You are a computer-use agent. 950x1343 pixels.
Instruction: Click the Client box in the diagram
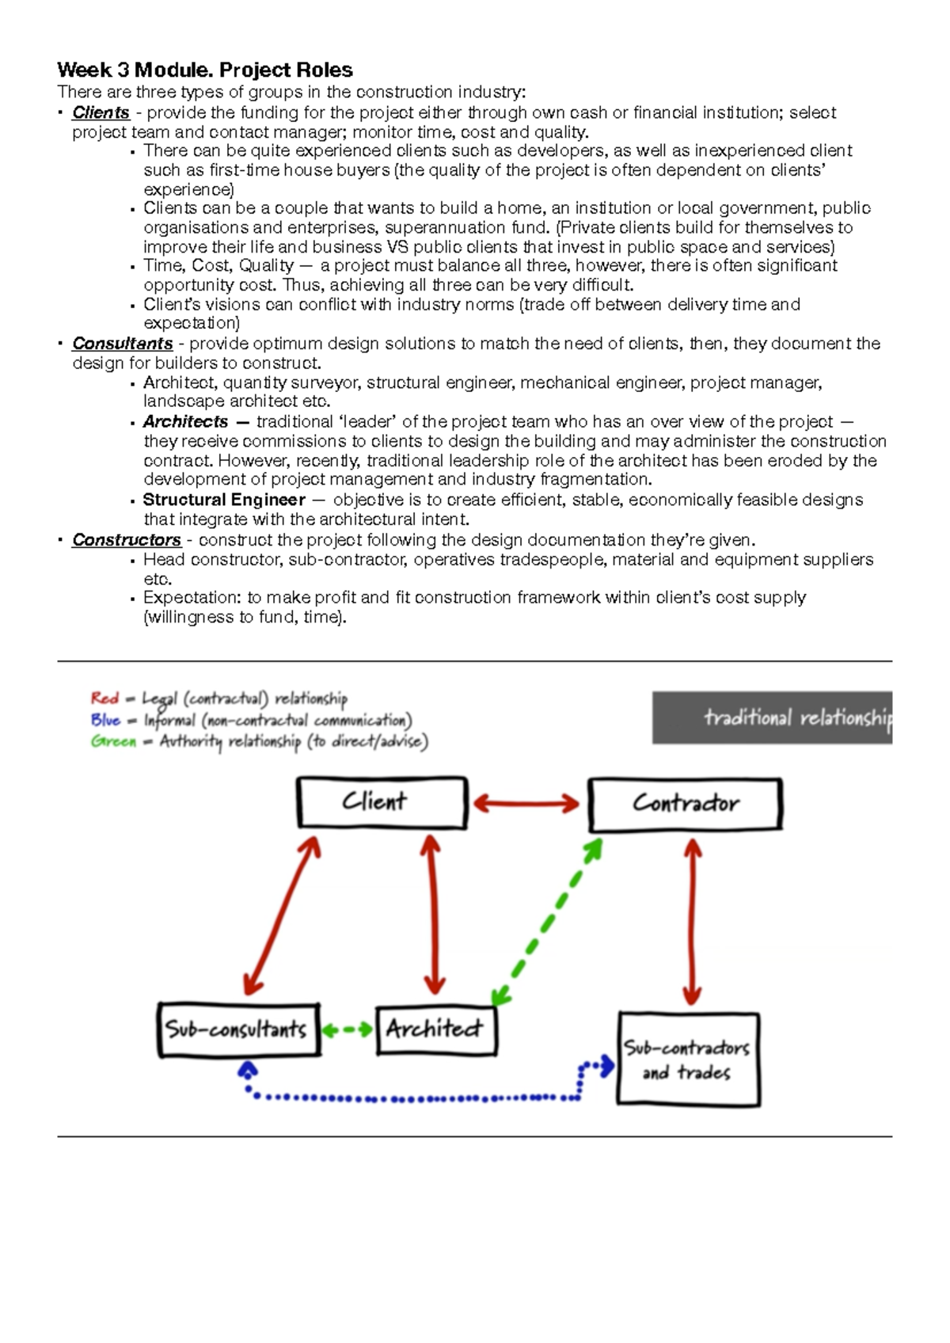(x=382, y=802)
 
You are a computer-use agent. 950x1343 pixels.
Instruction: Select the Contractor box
(x=686, y=804)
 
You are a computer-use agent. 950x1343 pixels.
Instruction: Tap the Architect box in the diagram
(x=436, y=1029)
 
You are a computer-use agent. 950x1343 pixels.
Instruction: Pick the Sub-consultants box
(x=238, y=1029)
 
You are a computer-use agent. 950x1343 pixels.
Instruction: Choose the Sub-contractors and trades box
(x=688, y=1060)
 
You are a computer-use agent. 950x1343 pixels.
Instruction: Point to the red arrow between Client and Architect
(x=432, y=915)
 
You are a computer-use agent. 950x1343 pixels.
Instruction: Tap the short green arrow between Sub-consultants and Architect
(x=348, y=1030)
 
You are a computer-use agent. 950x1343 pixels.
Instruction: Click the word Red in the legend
(x=104, y=698)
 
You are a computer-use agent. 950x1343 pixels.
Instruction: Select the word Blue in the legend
(x=105, y=720)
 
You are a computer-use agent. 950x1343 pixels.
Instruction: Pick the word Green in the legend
(x=113, y=742)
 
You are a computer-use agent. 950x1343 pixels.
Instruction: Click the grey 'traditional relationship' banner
(x=772, y=717)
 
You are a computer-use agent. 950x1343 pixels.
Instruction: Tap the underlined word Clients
(x=101, y=112)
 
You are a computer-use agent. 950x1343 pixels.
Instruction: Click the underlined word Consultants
(x=123, y=344)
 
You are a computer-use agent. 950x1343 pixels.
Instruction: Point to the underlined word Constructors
(x=127, y=540)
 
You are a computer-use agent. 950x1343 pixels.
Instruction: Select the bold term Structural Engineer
(x=224, y=500)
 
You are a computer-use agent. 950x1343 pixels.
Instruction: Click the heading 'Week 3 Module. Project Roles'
(x=205, y=70)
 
